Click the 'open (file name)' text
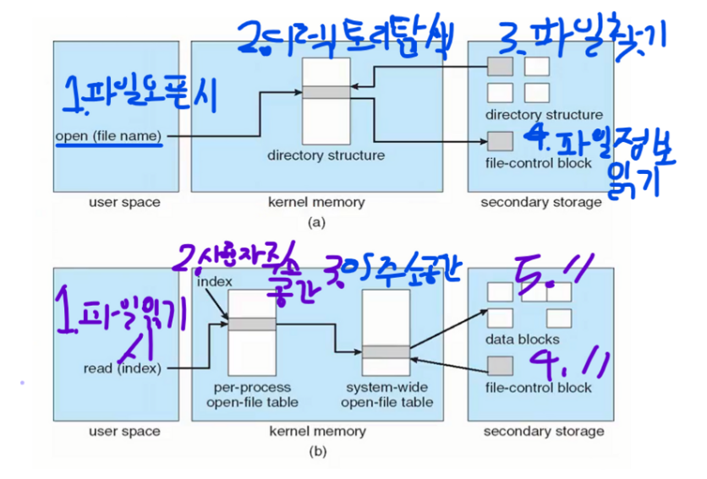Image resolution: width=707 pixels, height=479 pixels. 108,135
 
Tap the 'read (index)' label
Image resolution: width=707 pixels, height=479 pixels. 123,367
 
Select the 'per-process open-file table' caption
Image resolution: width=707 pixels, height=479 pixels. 251,395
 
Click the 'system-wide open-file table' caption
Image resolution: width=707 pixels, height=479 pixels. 386,395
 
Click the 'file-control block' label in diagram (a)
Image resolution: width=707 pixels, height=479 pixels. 539,162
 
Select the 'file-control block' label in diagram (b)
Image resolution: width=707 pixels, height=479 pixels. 539,388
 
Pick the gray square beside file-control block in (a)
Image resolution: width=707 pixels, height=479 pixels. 501,139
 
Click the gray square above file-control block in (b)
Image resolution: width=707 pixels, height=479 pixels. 501,365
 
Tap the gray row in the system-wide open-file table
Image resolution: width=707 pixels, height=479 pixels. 386,352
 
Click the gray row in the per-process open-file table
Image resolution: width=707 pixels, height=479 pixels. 251,324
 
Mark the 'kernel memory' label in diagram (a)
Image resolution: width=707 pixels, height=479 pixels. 317,202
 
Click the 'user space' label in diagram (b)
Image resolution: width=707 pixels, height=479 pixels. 124,431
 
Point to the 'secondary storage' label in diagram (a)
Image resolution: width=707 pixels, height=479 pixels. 541,202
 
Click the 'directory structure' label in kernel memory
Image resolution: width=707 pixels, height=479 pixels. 326,155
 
